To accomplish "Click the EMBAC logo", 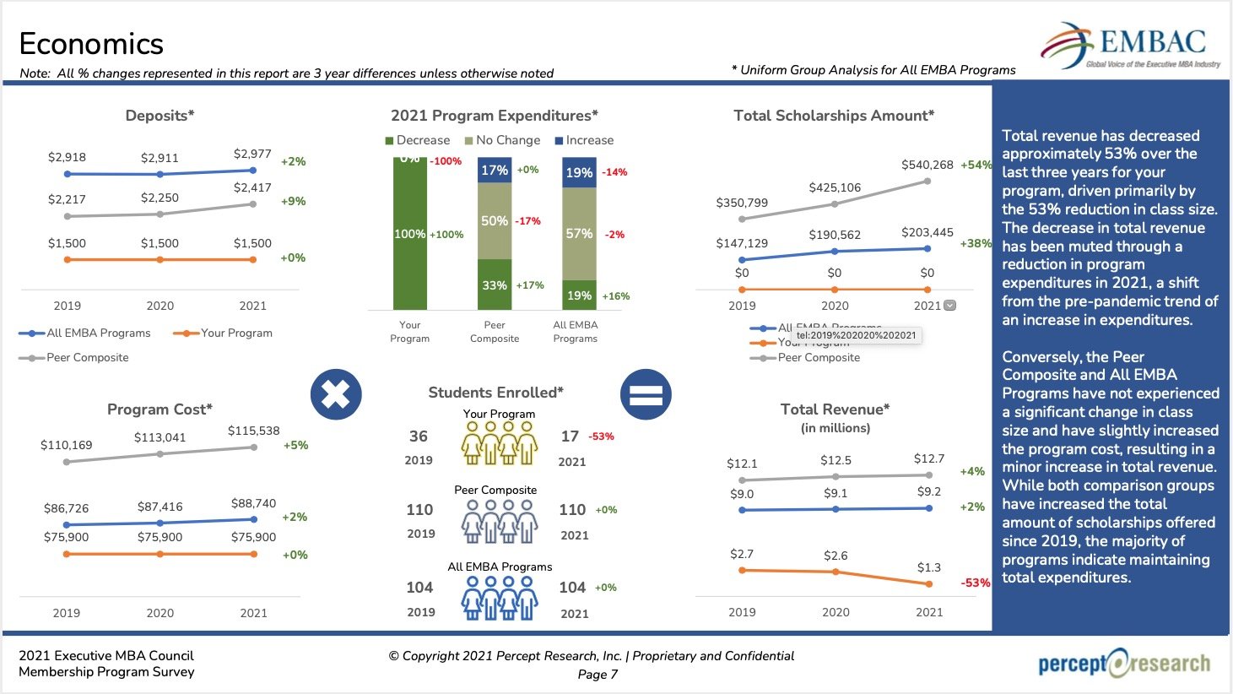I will pyautogui.click(x=1130, y=46).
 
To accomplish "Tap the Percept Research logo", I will pyautogui.click(x=1124, y=664).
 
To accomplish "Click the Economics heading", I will pyautogui.click(x=91, y=44).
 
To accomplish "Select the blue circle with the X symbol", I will pyautogui.click(x=336, y=394).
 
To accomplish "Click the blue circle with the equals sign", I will pyautogui.click(x=646, y=394).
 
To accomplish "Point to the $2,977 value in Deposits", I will pyautogui.click(x=252, y=154).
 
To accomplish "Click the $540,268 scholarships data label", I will pyautogui.click(x=927, y=165).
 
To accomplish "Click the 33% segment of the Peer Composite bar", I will pyautogui.click(x=495, y=285).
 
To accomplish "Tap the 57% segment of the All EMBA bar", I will pyautogui.click(x=579, y=234).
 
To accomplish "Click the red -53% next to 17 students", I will pyautogui.click(x=601, y=436).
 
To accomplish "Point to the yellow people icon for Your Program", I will pyautogui.click(x=500, y=442).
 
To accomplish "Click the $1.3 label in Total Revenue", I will pyautogui.click(x=928, y=567).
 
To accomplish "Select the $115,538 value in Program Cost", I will pyautogui.click(x=253, y=431).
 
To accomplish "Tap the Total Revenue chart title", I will pyautogui.click(x=835, y=409).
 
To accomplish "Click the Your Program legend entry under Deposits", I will pyautogui.click(x=224, y=333).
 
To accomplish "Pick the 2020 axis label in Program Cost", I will pyautogui.click(x=160, y=613).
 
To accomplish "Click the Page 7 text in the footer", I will pyautogui.click(x=598, y=674).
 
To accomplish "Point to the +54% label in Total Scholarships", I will pyautogui.click(x=976, y=165).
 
